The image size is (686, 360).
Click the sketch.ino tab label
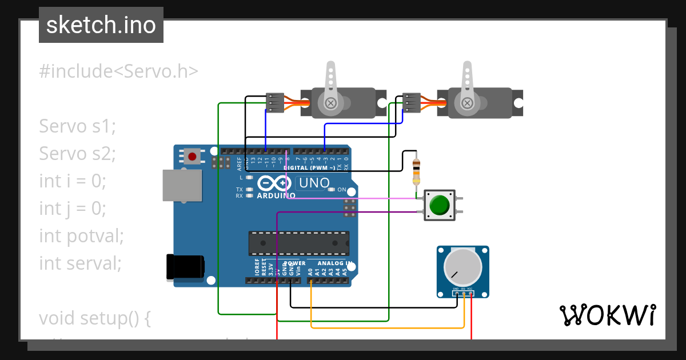[101, 25]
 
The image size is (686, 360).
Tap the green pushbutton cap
[439, 205]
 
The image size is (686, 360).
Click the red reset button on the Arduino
[192, 155]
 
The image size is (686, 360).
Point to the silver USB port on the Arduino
[182, 185]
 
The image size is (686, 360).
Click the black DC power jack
[184, 267]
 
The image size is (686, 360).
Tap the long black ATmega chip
[298, 243]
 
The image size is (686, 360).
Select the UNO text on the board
[313, 183]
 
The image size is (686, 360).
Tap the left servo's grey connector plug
[276, 103]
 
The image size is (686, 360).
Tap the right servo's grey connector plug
[411, 103]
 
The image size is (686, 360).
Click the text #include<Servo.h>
[119, 71]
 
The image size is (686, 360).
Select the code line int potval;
[81, 235]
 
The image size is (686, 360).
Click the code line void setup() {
[94, 318]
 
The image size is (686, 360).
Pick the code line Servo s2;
[77, 153]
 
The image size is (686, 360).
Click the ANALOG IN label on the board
[334, 264]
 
